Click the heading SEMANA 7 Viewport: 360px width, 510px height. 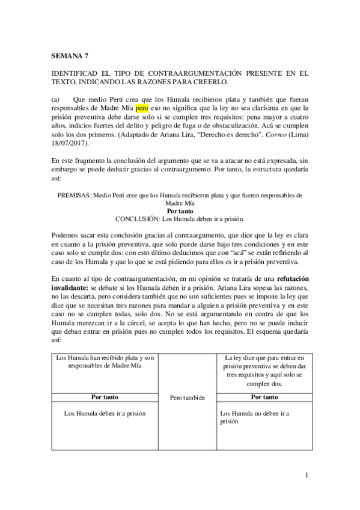click(70, 54)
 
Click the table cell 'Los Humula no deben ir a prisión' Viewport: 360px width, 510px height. click(254, 417)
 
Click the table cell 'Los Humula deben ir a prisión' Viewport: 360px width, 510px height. click(105, 413)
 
